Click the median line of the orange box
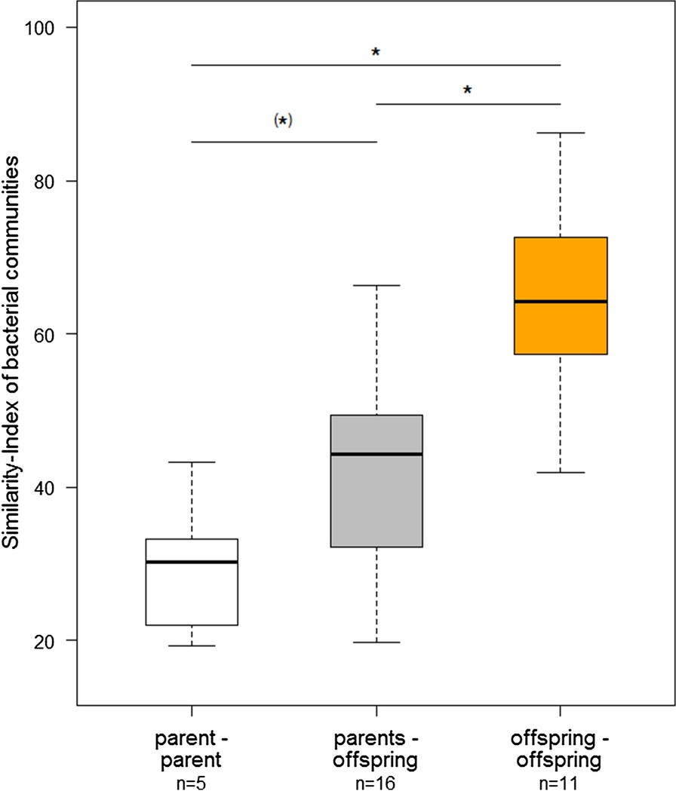(560, 302)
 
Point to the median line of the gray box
(376, 454)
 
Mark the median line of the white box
(192, 562)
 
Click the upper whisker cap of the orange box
(560, 133)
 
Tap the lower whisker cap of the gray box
(376, 642)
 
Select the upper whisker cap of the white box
(192, 462)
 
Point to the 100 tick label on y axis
(50, 28)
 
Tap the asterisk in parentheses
(283, 121)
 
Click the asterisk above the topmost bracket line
(376, 53)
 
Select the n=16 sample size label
(376, 777)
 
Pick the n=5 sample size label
(192, 777)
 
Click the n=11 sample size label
(560, 777)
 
